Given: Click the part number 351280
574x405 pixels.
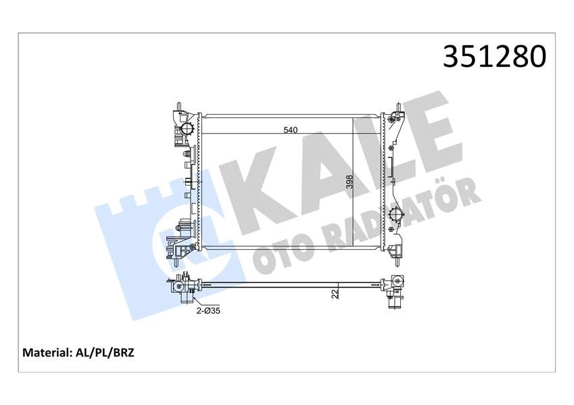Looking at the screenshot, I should (494, 57).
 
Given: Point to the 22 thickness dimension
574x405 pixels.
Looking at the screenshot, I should (333, 294).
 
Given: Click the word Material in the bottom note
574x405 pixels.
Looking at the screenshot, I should (47, 352).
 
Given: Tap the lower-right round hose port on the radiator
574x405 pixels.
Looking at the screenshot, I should (396, 216).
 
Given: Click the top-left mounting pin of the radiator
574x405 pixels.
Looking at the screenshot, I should (178, 107).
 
